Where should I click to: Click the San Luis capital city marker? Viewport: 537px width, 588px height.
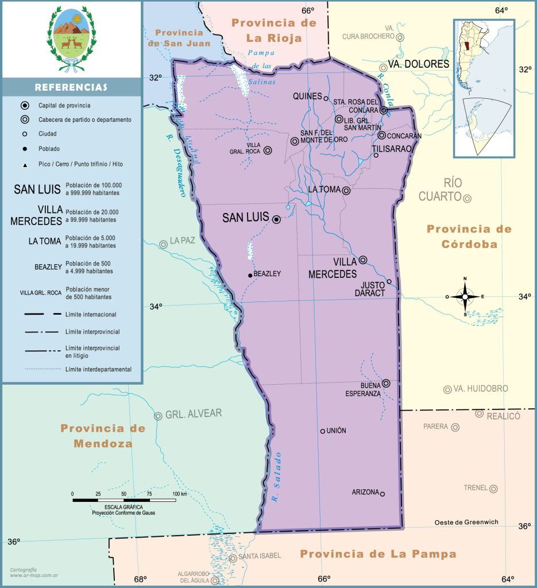pyautogui.click(x=276, y=219)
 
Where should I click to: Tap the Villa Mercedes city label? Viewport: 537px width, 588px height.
pyautogui.click(x=333, y=268)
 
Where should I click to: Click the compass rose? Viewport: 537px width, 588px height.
pyautogui.click(x=465, y=297)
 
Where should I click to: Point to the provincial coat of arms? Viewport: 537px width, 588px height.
pyautogui.click(x=71, y=38)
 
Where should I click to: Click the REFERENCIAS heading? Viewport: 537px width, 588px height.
pyautogui.click(x=71, y=87)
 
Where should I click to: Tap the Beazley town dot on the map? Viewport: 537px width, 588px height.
pyautogui.click(x=250, y=275)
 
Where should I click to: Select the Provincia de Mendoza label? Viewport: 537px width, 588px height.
pyautogui.click(x=102, y=436)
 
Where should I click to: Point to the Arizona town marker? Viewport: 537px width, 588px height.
pyautogui.click(x=383, y=494)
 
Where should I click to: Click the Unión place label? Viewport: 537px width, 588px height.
pyautogui.click(x=336, y=431)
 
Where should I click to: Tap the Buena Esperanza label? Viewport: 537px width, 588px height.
pyautogui.click(x=362, y=389)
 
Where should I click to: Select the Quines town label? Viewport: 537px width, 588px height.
pyautogui.click(x=307, y=96)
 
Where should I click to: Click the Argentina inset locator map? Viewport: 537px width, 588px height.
pyautogui.click(x=484, y=89)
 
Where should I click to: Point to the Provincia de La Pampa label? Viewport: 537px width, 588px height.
pyautogui.click(x=378, y=554)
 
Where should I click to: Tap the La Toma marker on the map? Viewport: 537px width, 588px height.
pyautogui.click(x=346, y=191)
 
